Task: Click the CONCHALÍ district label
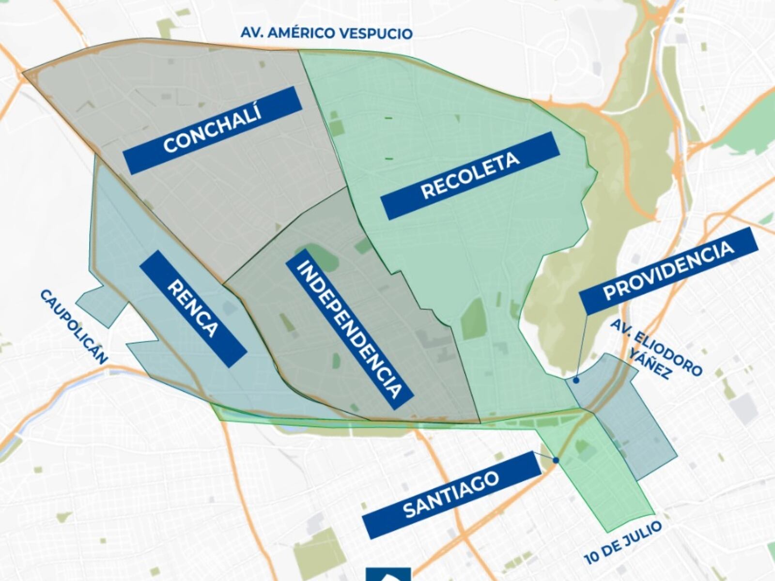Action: click(x=212, y=130)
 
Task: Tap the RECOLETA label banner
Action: click(x=470, y=176)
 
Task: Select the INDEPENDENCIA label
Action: click(x=349, y=329)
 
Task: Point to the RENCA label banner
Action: click(x=193, y=308)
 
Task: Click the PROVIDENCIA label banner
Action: click(x=668, y=271)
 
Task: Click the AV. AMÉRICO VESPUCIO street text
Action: click(x=326, y=33)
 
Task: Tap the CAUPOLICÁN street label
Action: click(x=74, y=326)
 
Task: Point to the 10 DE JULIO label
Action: click(x=622, y=542)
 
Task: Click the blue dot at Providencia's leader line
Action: click(x=576, y=381)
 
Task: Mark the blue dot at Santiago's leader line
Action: click(x=556, y=460)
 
